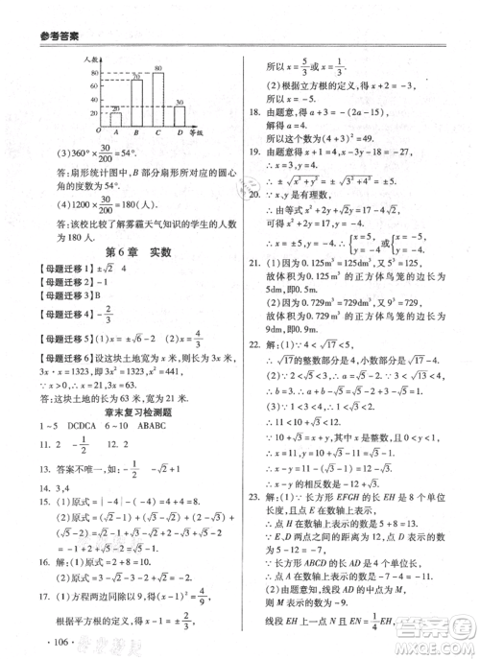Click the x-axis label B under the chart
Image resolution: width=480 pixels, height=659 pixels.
[x=137, y=133]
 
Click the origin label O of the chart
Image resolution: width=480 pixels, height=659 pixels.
[x=97, y=129]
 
